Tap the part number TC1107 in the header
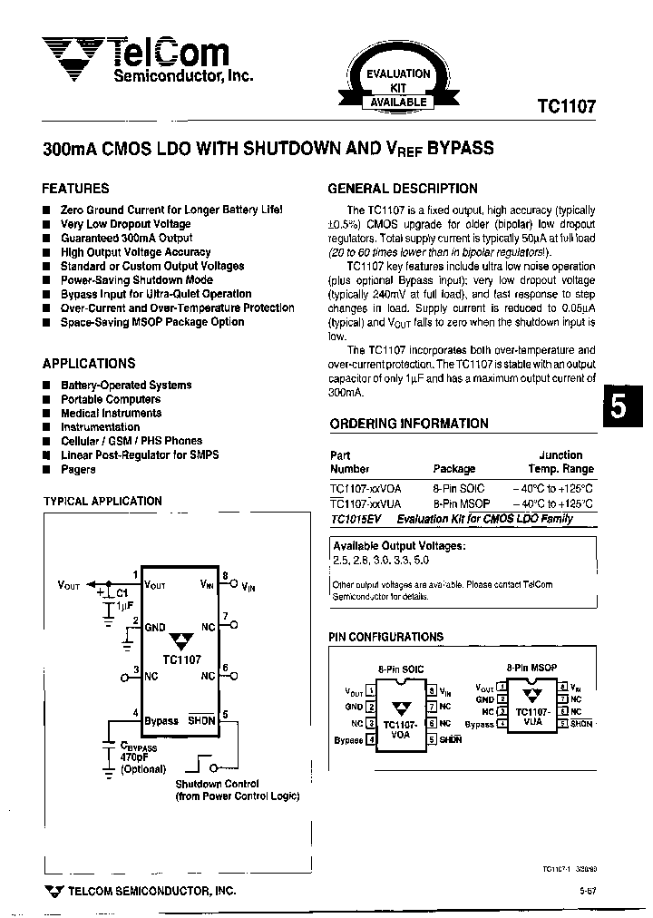(x=566, y=105)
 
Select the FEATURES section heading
(x=75, y=189)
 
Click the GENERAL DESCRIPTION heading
(x=402, y=189)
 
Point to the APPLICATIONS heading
(x=88, y=363)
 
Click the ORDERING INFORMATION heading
(x=408, y=424)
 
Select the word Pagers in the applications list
(x=78, y=469)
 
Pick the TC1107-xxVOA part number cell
(x=365, y=488)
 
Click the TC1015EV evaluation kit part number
(x=358, y=519)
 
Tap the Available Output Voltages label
(x=399, y=546)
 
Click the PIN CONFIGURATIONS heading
(x=386, y=637)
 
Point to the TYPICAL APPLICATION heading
(x=102, y=501)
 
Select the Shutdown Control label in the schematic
(x=217, y=784)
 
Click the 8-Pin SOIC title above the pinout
(x=400, y=669)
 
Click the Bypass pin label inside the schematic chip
(x=161, y=720)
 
